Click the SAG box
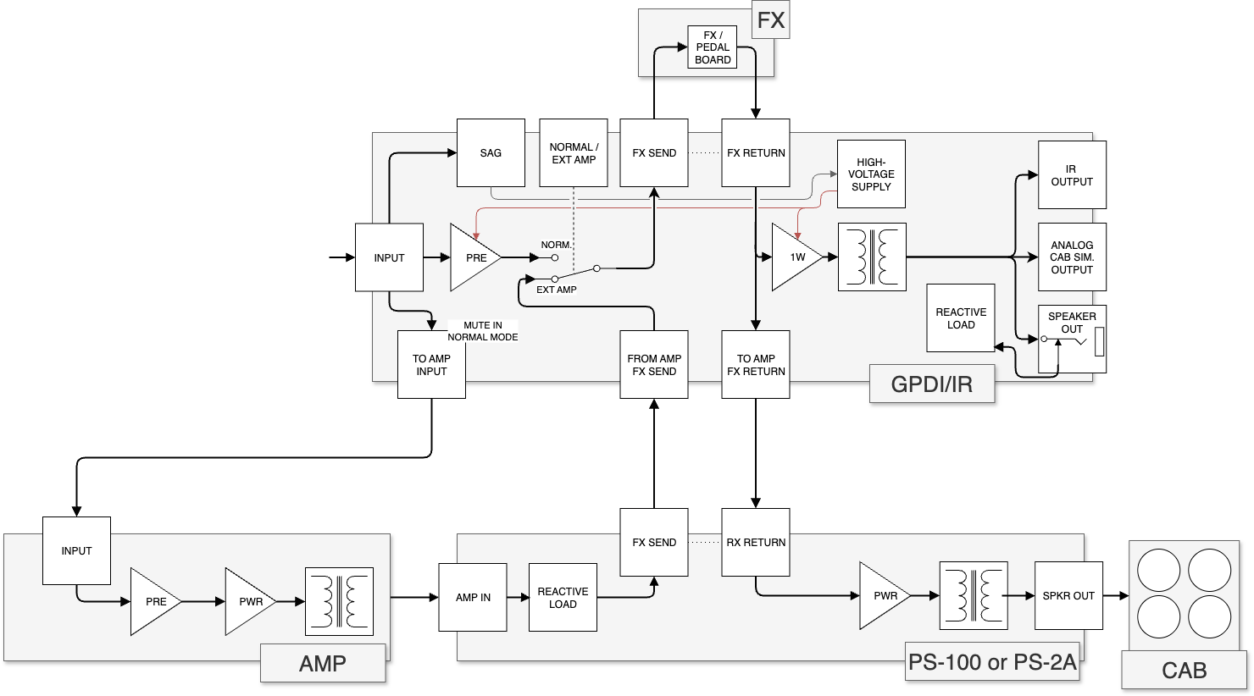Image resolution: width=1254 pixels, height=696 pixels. tap(491, 153)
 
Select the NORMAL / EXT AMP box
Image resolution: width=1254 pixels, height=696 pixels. tap(574, 153)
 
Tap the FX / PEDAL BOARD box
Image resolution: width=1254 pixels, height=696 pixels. tap(713, 47)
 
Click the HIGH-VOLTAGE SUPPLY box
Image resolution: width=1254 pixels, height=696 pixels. tap(871, 174)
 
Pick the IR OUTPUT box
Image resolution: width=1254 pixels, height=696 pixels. tap(1072, 175)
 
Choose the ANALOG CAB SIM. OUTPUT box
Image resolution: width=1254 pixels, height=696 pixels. tap(1072, 257)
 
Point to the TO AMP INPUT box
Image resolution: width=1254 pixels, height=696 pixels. tap(431, 365)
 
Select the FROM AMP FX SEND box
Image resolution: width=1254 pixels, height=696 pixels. tap(654, 365)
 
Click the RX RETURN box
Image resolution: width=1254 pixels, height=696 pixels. tap(756, 543)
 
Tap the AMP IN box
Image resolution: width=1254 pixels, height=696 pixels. tap(473, 598)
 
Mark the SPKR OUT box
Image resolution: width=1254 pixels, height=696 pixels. tap(1068, 596)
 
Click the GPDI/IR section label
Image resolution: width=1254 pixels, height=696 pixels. tap(931, 384)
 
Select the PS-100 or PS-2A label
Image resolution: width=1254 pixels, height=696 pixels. tap(992, 662)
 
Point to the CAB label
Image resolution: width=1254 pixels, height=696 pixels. tap(1184, 671)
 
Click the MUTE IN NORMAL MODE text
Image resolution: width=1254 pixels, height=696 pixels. tap(483, 331)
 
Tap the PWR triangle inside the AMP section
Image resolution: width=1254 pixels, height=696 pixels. tap(247, 602)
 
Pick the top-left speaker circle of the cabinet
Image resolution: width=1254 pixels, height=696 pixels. tap(1158, 570)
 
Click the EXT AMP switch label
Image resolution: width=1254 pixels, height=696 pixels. tap(557, 290)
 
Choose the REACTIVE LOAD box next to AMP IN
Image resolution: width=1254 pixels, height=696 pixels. tap(563, 598)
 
